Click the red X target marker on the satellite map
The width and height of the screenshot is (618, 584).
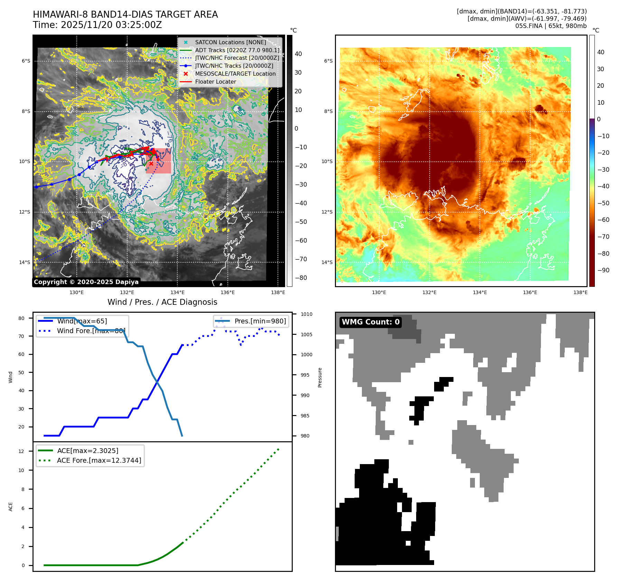click(151, 163)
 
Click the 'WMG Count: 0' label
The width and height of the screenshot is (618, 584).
click(371, 322)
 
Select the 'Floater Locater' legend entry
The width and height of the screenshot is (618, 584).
click(215, 82)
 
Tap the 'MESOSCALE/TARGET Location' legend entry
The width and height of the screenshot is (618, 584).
click(235, 74)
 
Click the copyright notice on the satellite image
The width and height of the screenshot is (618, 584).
click(86, 282)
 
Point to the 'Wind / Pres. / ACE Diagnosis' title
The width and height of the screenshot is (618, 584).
click(162, 302)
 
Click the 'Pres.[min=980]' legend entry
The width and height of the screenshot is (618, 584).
click(260, 321)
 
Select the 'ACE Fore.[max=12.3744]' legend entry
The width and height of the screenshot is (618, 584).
click(99, 460)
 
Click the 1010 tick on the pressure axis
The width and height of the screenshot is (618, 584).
click(306, 314)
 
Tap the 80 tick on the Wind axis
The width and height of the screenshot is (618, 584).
click(21, 318)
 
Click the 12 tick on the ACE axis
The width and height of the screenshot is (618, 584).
click(21, 451)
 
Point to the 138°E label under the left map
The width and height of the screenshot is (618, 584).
click(278, 292)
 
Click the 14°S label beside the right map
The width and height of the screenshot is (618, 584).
click(327, 262)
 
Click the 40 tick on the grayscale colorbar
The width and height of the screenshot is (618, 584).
click(298, 54)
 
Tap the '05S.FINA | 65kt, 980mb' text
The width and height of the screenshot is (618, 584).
click(551, 26)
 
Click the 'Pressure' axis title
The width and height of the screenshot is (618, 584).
click(320, 377)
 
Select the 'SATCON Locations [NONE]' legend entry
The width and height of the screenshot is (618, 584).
click(230, 42)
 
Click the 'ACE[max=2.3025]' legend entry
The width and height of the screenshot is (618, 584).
click(87, 451)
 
